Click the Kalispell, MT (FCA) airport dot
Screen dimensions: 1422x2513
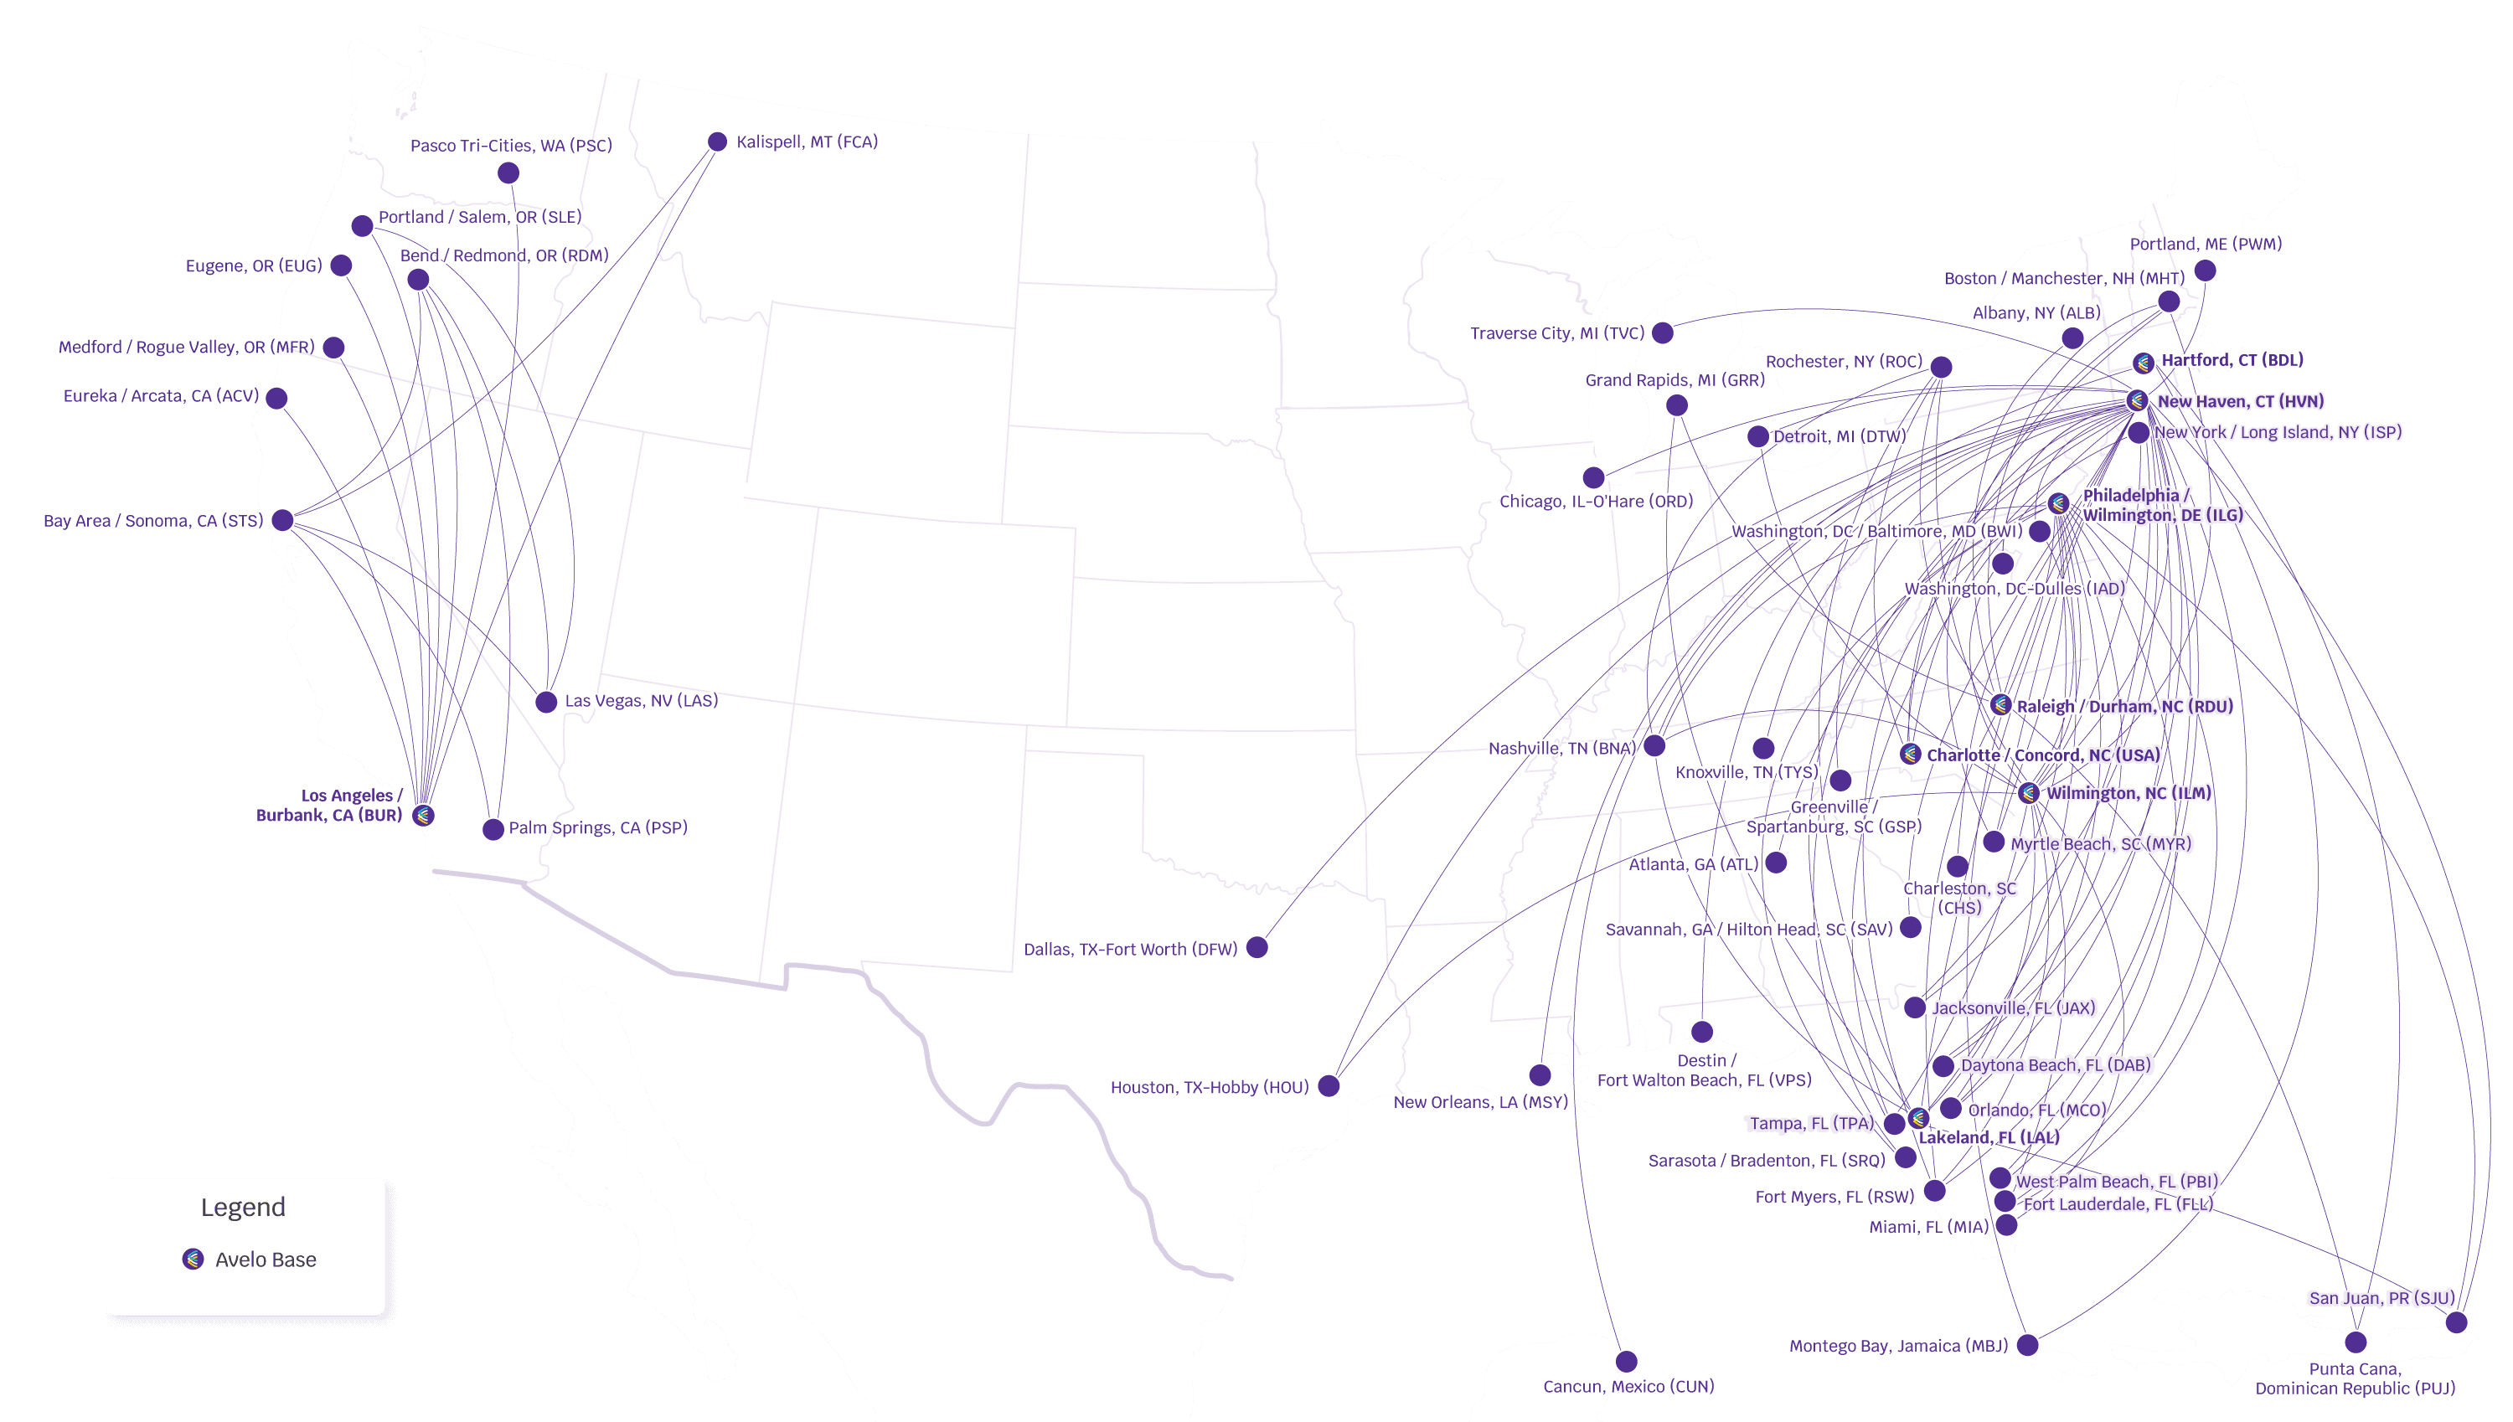717,142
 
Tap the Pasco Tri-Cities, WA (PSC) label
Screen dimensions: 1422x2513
511,146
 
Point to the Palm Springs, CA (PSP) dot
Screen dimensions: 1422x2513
493,830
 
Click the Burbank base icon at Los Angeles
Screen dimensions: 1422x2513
423,815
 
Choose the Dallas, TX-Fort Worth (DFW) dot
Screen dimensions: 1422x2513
1257,947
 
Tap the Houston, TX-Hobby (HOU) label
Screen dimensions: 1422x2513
1209,1087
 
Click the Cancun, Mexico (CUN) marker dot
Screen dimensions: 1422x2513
1626,1362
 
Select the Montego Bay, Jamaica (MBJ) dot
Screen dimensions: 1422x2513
2028,1345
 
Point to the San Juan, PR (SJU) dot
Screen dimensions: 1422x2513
2456,1322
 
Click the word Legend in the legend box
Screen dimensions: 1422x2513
243,1207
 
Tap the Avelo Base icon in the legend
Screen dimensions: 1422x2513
194,1259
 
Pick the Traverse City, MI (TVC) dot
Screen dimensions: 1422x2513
1662,333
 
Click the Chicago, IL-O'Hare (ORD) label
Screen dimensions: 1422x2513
1596,501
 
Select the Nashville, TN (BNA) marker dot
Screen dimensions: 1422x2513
1654,746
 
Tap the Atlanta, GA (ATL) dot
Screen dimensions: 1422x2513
1777,863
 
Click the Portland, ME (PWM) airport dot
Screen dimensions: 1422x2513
2206,270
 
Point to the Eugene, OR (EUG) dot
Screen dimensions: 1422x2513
341,265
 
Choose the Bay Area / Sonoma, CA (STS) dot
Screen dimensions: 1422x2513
282,519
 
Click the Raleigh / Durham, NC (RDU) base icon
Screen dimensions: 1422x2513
2000,705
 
